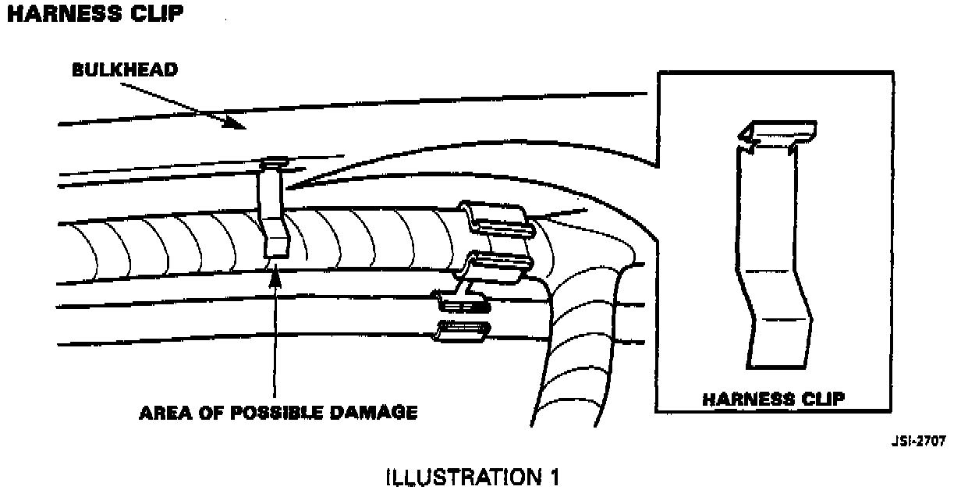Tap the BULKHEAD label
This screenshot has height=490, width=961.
click(x=125, y=69)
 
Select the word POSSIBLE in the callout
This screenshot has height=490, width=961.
click(x=265, y=413)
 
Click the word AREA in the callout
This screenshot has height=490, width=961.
click(x=163, y=413)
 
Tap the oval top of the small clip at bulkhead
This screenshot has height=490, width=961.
click(x=274, y=162)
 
